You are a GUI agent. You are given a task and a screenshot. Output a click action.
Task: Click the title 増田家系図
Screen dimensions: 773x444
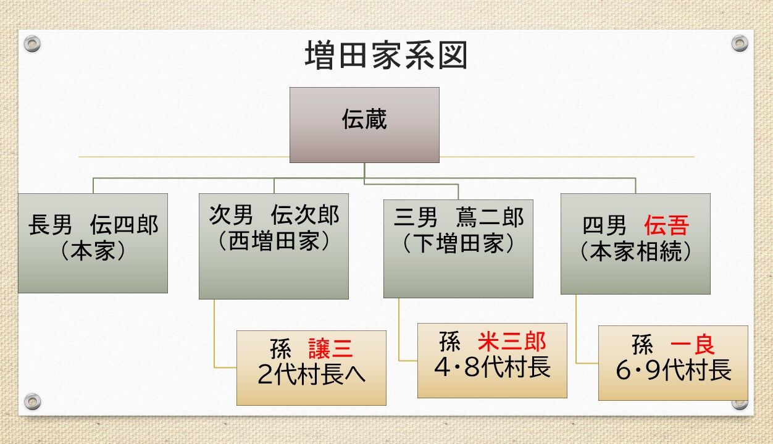pyautogui.click(x=386, y=56)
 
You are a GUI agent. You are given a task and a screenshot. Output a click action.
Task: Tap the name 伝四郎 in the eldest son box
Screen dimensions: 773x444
pyautogui.click(x=123, y=225)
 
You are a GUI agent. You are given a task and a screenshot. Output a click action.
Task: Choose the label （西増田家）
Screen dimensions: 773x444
pyautogui.click(x=274, y=241)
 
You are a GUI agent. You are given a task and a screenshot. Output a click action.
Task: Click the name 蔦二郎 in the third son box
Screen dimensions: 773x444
pyautogui.click(x=490, y=217)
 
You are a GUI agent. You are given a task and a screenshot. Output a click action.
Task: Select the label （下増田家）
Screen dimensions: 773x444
pyautogui.click(x=458, y=244)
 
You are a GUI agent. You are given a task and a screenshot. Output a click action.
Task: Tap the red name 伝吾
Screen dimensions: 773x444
pyautogui.click(x=666, y=226)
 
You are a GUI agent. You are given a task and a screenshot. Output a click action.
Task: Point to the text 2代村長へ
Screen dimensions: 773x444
pyautogui.click(x=311, y=375)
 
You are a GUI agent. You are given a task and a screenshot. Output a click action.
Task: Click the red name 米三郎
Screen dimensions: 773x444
pyautogui.click(x=512, y=341)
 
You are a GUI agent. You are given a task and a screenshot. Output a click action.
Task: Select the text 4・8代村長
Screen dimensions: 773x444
pyautogui.click(x=492, y=368)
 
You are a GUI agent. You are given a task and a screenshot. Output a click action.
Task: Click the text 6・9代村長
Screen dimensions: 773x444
pyautogui.click(x=674, y=371)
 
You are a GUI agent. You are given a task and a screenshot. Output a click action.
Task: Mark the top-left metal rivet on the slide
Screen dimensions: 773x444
pyautogui.click(x=32, y=44)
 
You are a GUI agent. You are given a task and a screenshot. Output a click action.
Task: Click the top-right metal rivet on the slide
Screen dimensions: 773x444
pyautogui.click(x=740, y=43)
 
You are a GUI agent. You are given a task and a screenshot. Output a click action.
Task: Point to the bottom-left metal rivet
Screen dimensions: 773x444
pyautogui.click(x=32, y=401)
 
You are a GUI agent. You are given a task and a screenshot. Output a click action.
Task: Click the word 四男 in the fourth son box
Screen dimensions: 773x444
pyautogui.click(x=604, y=226)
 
